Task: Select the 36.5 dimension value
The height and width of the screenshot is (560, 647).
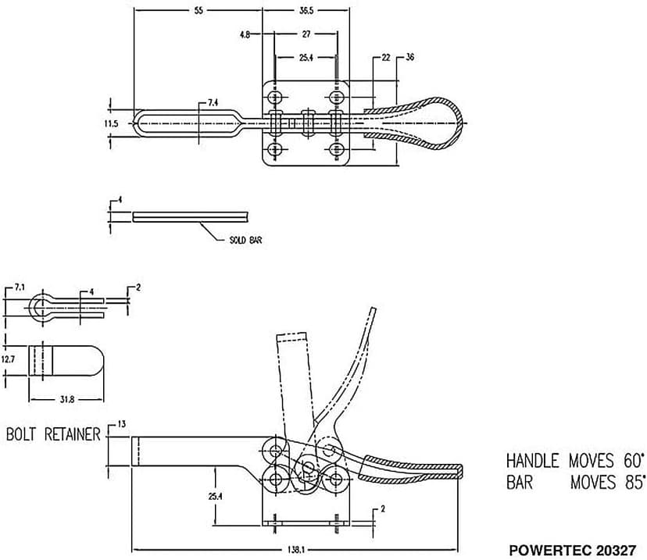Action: click(x=306, y=12)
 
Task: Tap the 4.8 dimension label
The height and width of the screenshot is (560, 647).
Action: click(x=245, y=34)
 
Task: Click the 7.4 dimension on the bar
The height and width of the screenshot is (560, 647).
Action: click(x=213, y=102)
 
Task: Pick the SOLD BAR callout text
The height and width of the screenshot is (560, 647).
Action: click(x=245, y=240)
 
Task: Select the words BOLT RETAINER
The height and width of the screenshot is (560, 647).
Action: click(x=53, y=434)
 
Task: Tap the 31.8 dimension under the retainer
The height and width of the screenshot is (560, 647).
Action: click(x=67, y=399)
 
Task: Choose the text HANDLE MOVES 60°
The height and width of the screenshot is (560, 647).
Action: click(x=576, y=460)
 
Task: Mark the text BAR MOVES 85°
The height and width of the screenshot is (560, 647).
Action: click(x=576, y=483)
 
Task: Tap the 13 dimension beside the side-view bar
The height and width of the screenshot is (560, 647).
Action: click(x=121, y=423)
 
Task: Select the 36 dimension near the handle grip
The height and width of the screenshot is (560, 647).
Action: click(x=410, y=58)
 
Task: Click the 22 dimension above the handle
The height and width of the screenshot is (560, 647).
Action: click(x=386, y=58)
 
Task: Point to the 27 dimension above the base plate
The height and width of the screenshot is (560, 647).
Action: click(x=306, y=34)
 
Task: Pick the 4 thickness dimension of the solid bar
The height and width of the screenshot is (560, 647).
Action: click(x=120, y=201)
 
